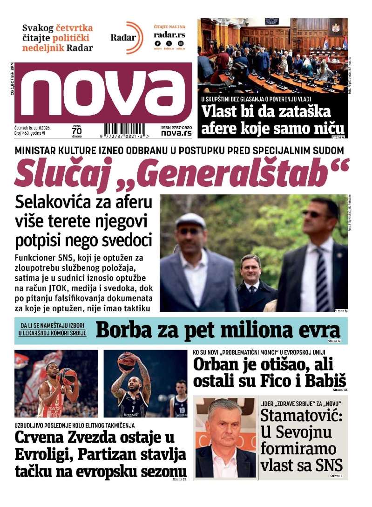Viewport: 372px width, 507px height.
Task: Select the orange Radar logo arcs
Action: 135,37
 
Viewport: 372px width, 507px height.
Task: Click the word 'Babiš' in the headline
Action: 325,380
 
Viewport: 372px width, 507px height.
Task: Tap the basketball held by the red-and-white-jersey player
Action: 68,377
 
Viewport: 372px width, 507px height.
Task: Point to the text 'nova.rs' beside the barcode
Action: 176,133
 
